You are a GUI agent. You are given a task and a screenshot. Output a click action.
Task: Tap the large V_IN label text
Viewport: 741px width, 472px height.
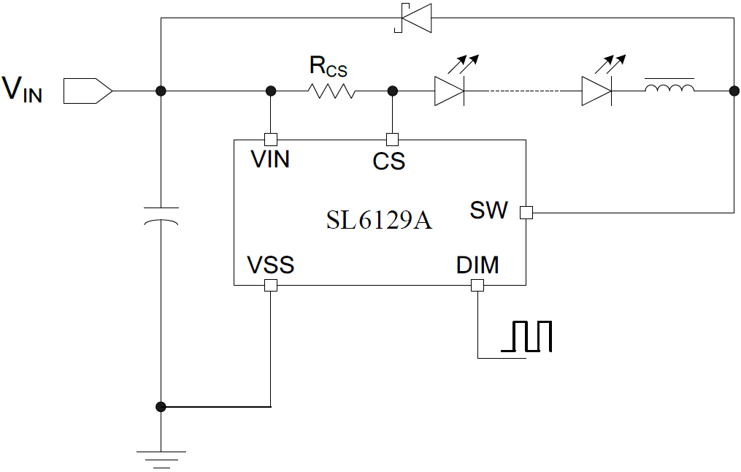pyautogui.click(x=23, y=89)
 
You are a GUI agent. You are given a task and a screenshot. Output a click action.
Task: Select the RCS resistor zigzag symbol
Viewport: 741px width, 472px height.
pyautogui.click(x=331, y=91)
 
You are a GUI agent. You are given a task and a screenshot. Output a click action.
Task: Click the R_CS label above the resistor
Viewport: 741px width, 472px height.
pyautogui.click(x=328, y=67)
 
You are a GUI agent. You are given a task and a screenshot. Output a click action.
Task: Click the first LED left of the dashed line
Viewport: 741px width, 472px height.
pyautogui.click(x=449, y=91)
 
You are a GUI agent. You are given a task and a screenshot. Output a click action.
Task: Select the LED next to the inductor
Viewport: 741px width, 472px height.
pyautogui.click(x=596, y=91)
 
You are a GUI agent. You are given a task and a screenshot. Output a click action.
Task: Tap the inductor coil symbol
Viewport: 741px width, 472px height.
pyautogui.click(x=669, y=90)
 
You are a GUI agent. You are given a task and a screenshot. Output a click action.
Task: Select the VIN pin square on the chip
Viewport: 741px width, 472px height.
pyautogui.click(x=270, y=139)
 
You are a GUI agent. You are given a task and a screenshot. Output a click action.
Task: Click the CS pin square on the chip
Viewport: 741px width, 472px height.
pyautogui.click(x=392, y=139)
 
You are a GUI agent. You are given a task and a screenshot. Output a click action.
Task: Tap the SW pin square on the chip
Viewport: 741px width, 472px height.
pyautogui.click(x=526, y=213)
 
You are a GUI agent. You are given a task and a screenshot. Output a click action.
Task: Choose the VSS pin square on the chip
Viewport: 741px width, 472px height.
pyautogui.click(x=270, y=286)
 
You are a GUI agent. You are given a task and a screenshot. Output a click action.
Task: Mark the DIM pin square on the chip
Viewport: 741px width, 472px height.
pyautogui.click(x=477, y=286)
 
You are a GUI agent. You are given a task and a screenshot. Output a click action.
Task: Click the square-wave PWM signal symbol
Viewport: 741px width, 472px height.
pyautogui.click(x=526, y=337)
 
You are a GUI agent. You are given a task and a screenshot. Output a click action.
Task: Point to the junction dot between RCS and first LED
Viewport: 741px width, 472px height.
pyautogui.click(x=392, y=91)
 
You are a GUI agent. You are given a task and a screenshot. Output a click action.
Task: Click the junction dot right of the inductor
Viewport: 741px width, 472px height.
pyautogui.click(x=733, y=91)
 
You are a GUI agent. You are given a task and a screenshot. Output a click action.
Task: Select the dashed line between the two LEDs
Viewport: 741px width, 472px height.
pyautogui.click(x=523, y=91)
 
